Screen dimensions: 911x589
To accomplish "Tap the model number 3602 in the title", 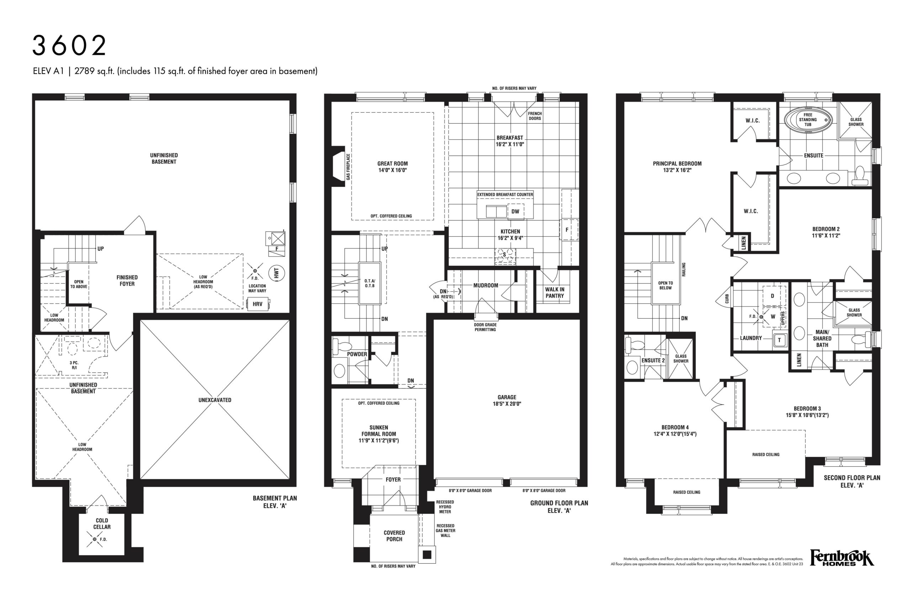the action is [x=69, y=46].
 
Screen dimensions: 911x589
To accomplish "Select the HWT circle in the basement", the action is [x=276, y=273].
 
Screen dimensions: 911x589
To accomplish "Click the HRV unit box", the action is [x=258, y=304].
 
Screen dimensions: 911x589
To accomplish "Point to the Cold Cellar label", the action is [x=102, y=524].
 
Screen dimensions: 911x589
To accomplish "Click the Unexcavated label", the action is [x=215, y=400].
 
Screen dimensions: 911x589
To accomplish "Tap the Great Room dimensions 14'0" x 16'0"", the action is [x=393, y=170].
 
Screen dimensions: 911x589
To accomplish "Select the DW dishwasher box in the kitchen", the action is [x=515, y=212].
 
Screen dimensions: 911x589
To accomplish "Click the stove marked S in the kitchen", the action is [x=505, y=256].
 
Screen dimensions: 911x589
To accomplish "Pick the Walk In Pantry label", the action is [x=555, y=293].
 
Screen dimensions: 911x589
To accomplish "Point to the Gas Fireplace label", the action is [x=348, y=167].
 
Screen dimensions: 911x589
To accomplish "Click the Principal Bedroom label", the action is [x=677, y=164].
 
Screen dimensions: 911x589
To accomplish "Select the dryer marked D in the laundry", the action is [x=773, y=296].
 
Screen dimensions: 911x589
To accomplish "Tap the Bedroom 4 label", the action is [x=675, y=428].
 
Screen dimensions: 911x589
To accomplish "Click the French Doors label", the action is [x=535, y=116].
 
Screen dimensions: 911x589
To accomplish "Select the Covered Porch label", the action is [x=394, y=536].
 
